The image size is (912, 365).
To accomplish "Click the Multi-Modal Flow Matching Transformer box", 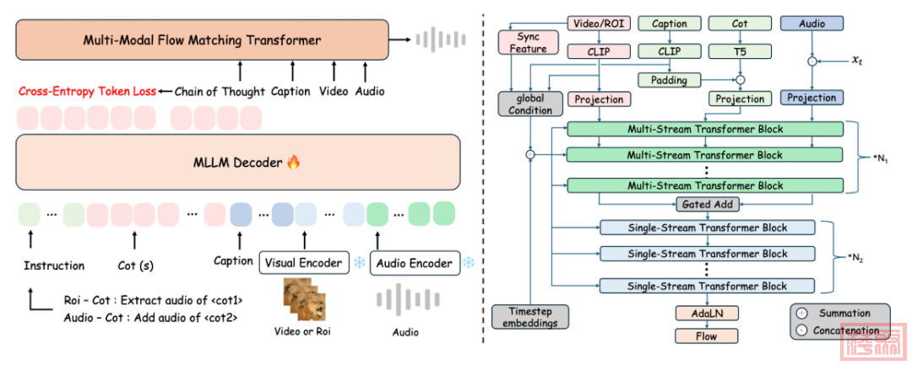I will point(202,40).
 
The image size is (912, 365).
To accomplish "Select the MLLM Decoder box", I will point(236,161).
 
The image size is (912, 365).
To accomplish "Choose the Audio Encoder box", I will point(414,263).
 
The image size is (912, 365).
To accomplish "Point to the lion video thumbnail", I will point(301,299).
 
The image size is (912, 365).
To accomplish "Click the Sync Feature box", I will point(529,44).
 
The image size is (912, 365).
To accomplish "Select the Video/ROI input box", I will point(598,24).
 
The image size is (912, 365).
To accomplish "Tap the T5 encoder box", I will point(739,51).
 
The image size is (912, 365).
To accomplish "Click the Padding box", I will point(669,80).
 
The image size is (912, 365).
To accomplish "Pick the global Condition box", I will point(529,104).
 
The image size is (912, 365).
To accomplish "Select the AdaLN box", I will point(706,314).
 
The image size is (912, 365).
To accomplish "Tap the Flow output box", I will point(706,336).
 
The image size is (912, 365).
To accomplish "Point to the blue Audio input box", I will point(812,24).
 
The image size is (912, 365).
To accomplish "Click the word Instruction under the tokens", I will point(54,266).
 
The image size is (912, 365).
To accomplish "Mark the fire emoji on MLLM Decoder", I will point(294,161).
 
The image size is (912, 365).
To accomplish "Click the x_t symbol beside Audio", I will point(857,61).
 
